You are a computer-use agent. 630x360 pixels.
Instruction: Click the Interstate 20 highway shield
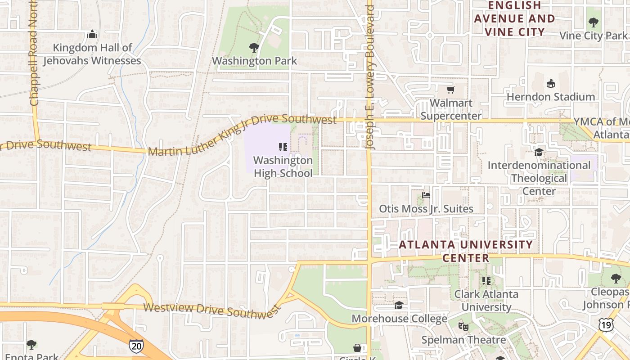click(x=136, y=346)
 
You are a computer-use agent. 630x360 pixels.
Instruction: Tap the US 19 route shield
click(x=606, y=324)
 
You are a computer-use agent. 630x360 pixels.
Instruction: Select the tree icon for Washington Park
click(x=254, y=48)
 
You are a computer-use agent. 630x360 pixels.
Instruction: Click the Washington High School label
click(x=283, y=166)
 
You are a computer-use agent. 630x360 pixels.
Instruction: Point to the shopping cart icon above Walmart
click(x=450, y=90)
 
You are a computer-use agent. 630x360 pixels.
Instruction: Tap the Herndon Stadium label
click(x=550, y=97)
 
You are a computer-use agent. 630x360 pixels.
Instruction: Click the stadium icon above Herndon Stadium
click(x=550, y=84)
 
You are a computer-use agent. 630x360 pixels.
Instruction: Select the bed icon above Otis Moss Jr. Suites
click(x=426, y=196)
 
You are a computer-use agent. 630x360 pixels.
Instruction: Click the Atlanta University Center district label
click(x=466, y=251)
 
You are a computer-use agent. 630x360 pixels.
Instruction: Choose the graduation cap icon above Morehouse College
click(x=399, y=306)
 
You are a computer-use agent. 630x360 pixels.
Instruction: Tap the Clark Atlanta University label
click(x=486, y=301)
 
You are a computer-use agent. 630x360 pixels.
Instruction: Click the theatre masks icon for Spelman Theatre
click(x=463, y=326)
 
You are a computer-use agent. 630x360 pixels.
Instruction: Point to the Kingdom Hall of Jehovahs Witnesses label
click(x=92, y=54)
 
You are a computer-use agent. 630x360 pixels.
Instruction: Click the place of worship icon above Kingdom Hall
click(x=92, y=35)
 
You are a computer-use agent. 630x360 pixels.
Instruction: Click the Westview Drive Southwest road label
click(x=211, y=310)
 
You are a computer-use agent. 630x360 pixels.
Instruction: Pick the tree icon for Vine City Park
click(x=593, y=22)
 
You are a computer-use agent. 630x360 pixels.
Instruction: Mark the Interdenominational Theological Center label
click(x=539, y=178)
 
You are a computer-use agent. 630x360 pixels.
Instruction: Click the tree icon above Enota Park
click(x=31, y=345)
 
